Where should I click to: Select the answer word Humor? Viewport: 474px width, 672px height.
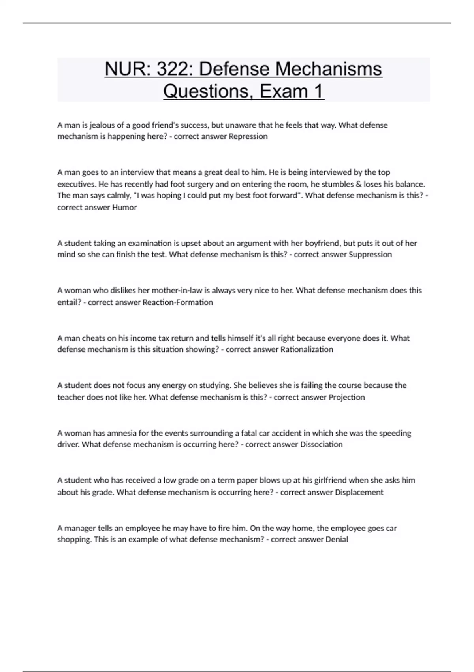124,208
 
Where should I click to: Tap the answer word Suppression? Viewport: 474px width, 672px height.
371,255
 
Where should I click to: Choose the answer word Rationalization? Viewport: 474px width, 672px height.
307,349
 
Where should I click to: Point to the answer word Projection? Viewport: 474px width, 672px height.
347,397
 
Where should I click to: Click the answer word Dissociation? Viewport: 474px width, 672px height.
321,444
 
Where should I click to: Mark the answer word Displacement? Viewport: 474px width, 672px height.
359,492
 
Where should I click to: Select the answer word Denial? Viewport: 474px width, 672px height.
337,540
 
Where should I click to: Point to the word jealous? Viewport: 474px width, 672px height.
102,125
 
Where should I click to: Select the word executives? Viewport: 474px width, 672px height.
76,184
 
